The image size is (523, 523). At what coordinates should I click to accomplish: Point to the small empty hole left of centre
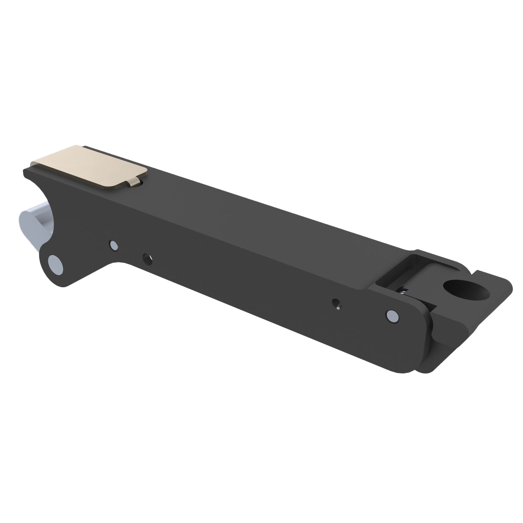pyautogui.click(x=148, y=258)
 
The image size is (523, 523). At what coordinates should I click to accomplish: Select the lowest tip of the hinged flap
pyautogui.click(x=422, y=371)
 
